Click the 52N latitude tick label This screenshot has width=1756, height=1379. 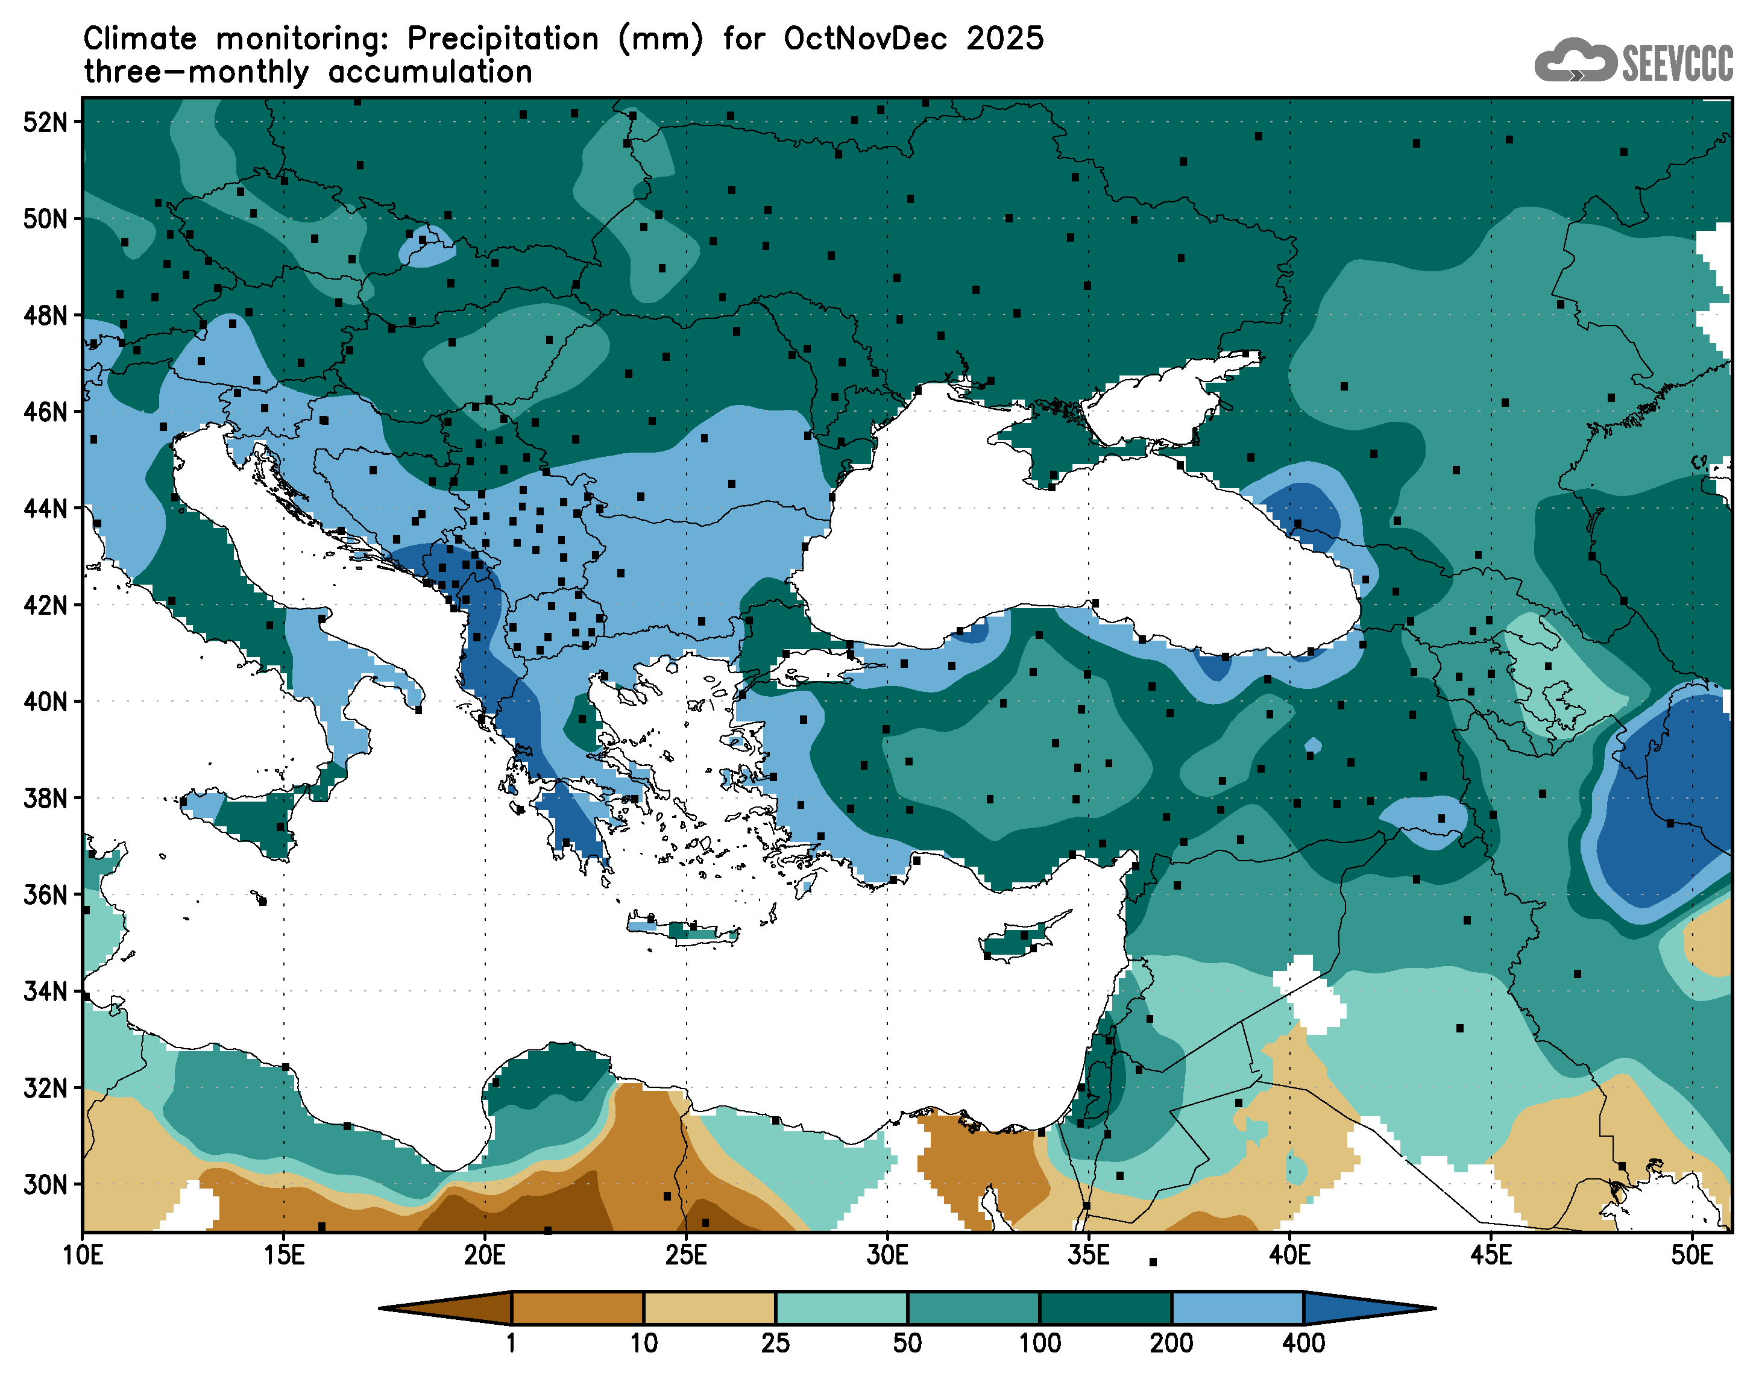tap(45, 122)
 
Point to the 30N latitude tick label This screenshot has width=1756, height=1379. tap(45, 1184)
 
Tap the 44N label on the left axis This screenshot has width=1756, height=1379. tap(45, 509)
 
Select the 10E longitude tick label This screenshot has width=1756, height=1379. tap(83, 1255)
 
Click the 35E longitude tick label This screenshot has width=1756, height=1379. tap(1087, 1255)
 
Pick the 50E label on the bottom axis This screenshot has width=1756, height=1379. tap(1691, 1255)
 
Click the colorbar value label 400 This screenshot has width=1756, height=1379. tap(1303, 1343)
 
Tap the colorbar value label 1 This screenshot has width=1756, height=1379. tap(511, 1343)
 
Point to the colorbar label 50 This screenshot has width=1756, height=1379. tap(907, 1343)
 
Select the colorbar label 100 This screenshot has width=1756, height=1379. tap(1039, 1343)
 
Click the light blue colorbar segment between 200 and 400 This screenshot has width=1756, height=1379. tap(1237, 1308)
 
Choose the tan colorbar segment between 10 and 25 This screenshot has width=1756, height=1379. tap(709, 1308)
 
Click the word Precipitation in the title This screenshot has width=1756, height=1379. tap(502, 39)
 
